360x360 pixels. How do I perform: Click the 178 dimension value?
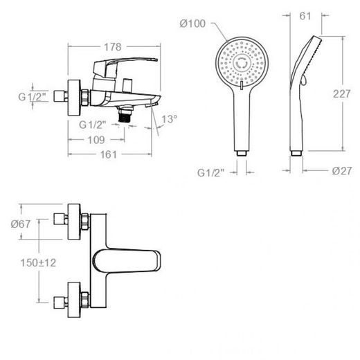[x=113, y=47]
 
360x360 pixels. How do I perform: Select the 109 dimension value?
[x=96, y=140]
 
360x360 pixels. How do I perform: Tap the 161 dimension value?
[x=109, y=154]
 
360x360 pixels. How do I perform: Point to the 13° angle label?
[x=169, y=119]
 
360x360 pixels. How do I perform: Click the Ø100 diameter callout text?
[x=192, y=24]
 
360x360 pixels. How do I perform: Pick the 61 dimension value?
[x=305, y=16]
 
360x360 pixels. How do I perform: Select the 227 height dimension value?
[x=341, y=94]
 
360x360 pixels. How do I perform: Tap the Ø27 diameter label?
[x=342, y=171]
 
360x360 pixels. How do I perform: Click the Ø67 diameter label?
[x=21, y=224]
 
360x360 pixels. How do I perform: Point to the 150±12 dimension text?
[x=38, y=262]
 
